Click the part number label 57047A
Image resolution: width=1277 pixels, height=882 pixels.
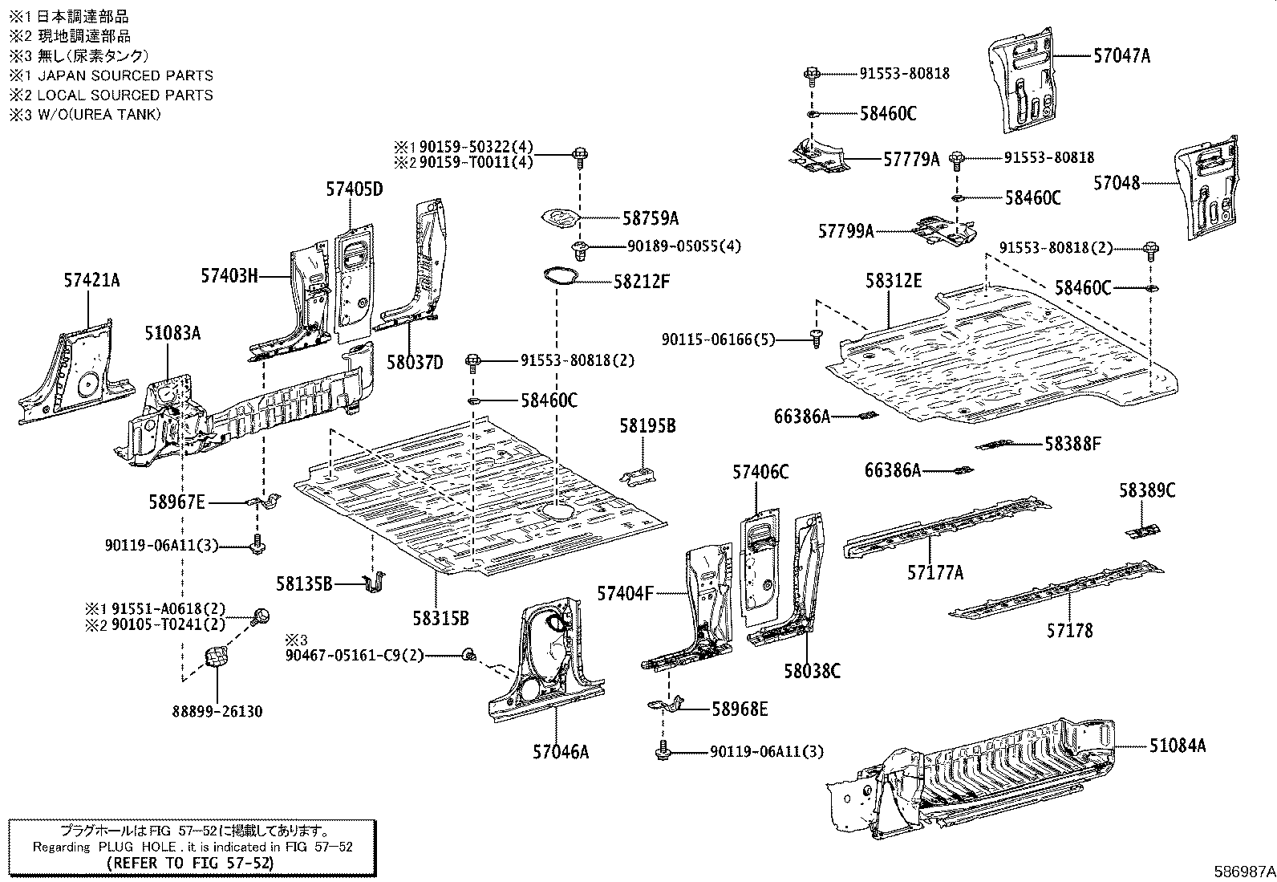pyautogui.click(x=1121, y=56)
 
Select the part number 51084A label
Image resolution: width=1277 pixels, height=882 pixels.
pyautogui.click(x=1177, y=746)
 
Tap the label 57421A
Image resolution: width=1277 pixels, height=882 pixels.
pyautogui.click(x=92, y=280)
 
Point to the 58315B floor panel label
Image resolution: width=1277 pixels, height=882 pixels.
pyautogui.click(x=440, y=618)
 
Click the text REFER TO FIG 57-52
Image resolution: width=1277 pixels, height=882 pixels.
pyautogui.click(x=190, y=864)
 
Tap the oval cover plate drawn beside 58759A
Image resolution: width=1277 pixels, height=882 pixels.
pyautogui.click(x=560, y=218)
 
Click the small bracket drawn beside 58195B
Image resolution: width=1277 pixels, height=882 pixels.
pyautogui.click(x=639, y=475)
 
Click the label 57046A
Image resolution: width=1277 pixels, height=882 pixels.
pyautogui.click(x=561, y=752)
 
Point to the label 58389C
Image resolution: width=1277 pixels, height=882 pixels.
pyautogui.click(x=1147, y=490)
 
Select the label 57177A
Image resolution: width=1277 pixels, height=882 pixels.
pyautogui.click(x=935, y=572)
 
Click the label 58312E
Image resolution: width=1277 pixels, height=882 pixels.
pyautogui.click(x=894, y=281)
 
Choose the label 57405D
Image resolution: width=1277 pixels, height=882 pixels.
pyautogui.click(x=355, y=189)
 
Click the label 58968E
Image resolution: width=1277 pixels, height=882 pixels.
pyautogui.click(x=740, y=709)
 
